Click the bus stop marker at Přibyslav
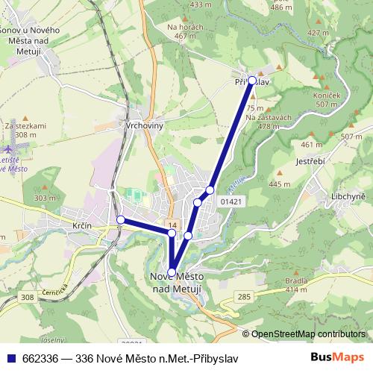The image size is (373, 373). pos(252,80)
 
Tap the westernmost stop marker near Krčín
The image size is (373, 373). pos(121,219)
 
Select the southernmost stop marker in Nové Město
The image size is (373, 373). pos(172,272)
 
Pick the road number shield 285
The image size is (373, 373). pos(244,298)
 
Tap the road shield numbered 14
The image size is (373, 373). pos(172,225)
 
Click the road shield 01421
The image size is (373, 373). pos(231,201)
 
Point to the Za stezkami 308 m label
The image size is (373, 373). pos(26,131)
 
